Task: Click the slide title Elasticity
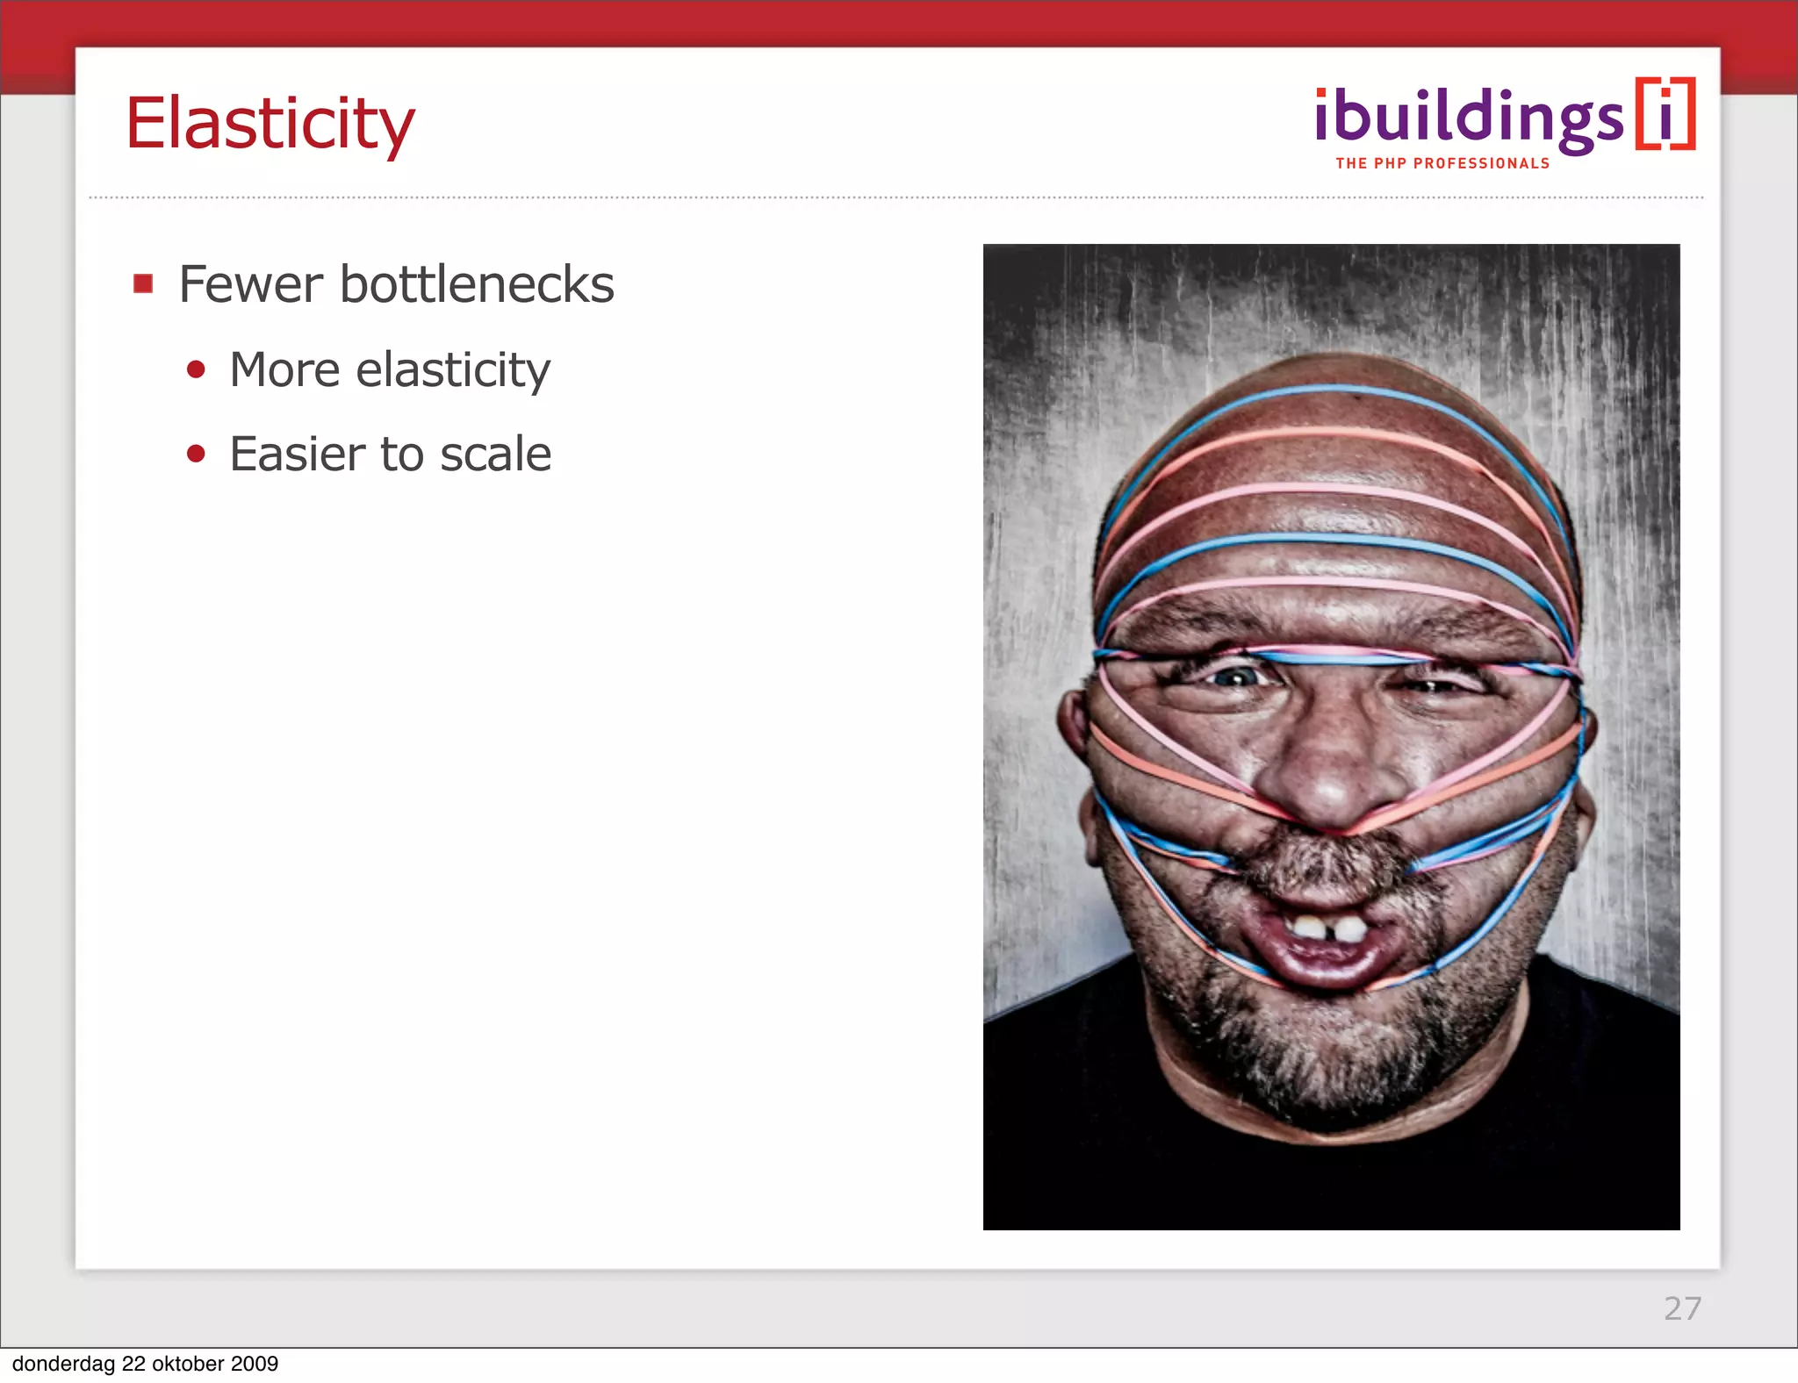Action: point(270,124)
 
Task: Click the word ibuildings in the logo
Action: point(1469,118)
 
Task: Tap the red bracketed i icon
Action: point(1665,114)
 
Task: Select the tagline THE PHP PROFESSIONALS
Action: point(1442,163)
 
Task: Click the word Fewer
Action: point(251,284)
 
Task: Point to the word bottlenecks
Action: point(477,284)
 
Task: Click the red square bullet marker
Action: point(143,283)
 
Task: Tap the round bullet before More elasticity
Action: point(196,369)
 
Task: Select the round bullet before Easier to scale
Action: point(196,454)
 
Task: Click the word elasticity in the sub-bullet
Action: point(453,369)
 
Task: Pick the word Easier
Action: point(297,454)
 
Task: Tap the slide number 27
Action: point(1682,1308)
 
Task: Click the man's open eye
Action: point(1236,677)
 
